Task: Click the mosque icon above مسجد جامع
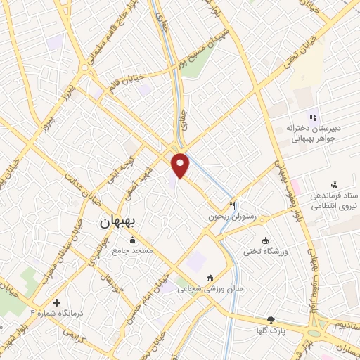[133, 241]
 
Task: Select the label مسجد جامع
[133, 252]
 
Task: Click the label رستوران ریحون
[224, 217]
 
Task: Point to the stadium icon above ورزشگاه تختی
[265, 240]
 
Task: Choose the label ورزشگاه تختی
[265, 251]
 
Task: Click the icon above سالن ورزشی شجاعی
[210, 278]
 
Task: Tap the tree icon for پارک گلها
[271, 320]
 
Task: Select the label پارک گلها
[271, 330]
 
